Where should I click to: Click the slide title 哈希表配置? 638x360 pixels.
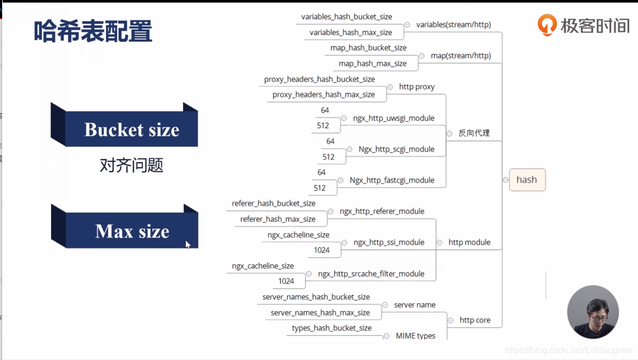pyautogui.click(x=93, y=31)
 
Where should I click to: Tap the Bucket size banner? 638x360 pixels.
pyautogui.click(x=131, y=130)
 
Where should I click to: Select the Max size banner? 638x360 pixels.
pyautogui.click(x=132, y=231)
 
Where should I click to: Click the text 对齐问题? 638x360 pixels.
pyautogui.click(x=131, y=165)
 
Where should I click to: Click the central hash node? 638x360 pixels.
pyautogui.click(x=526, y=180)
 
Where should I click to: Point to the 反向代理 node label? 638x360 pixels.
pyautogui.click(x=474, y=133)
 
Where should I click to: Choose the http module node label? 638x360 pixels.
pyautogui.click(x=469, y=242)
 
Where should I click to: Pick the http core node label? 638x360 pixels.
pyautogui.click(x=475, y=320)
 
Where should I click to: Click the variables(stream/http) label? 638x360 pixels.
pyautogui.click(x=453, y=25)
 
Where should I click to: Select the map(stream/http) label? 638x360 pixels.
pyautogui.click(x=461, y=56)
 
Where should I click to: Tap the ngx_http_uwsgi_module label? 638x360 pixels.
pyautogui.click(x=393, y=118)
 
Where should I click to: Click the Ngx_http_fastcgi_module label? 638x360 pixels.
pyautogui.click(x=392, y=180)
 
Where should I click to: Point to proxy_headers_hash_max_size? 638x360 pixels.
pyautogui.click(x=324, y=95)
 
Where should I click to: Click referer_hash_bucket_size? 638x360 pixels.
pyautogui.click(x=274, y=203)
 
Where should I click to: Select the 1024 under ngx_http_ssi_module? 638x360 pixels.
pyautogui.click(x=321, y=250)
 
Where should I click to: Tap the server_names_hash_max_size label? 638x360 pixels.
pyautogui.click(x=320, y=313)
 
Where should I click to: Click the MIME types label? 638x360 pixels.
pyautogui.click(x=415, y=336)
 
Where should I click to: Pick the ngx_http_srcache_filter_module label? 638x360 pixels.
pyautogui.click(x=371, y=274)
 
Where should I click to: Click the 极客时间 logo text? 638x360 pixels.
pyautogui.click(x=595, y=25)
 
